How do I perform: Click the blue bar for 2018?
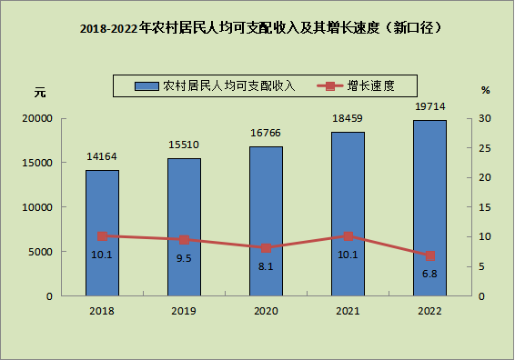[x=102, y=233]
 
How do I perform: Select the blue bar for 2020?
[x=266, y=221]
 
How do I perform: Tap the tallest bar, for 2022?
[x=429, y=208]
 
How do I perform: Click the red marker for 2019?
[x=185, y=240]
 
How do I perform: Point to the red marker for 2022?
[x=430, y=256]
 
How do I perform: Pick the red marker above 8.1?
[x=266, y=248]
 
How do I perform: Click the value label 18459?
[x=348, y=118]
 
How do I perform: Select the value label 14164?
[x=102, y=156]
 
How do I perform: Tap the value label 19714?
[x=430, y=106]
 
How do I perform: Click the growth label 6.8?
[x=429, y=274]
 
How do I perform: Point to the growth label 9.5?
[x=184, y=258]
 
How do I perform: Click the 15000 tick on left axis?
[x=37, y=163]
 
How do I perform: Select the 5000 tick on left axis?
[x=40, y=252]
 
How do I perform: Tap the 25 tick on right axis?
[x=485, y=148]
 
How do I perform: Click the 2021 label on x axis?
[x=348, y=311]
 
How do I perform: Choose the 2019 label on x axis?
[x=184, y=311]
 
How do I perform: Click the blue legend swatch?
[x=146, y=86]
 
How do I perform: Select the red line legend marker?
[x=330, y=86]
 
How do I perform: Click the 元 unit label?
[x=40, y=93]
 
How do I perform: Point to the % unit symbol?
[x=486, y=90]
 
